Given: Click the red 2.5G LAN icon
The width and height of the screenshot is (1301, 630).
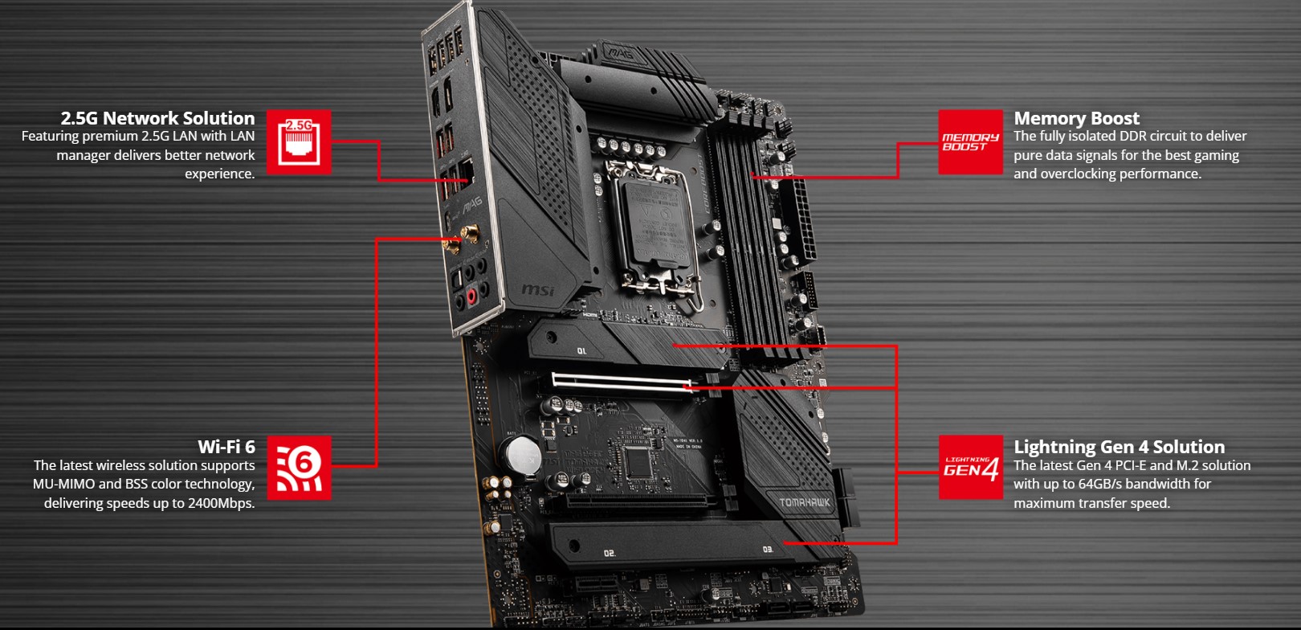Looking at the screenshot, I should (x=299, y=142).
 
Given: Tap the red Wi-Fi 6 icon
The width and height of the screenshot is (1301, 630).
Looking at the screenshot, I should (x=299, y=468).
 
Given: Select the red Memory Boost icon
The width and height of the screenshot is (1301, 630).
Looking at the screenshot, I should (x=971, y=142).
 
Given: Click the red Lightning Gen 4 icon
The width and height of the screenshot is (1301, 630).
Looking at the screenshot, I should (x=971, y=468).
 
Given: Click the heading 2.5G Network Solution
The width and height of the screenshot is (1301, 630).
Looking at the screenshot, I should (x=157, y=118).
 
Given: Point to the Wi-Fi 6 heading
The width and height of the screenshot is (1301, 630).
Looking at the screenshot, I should (x=226, y=447).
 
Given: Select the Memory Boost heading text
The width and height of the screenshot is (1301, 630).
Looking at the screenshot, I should (x=1076, y=118).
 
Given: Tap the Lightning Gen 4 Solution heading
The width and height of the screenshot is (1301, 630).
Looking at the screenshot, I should (x=1119, y=447).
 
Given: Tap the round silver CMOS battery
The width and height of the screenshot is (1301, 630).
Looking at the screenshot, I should (x=524, y=454).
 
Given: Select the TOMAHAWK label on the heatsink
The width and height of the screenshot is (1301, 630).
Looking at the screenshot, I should (x=804, y=503).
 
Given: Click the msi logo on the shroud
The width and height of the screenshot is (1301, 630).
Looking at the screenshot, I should (x=537, y=288).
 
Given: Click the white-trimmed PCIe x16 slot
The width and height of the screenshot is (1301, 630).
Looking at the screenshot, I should (x=622, y=382).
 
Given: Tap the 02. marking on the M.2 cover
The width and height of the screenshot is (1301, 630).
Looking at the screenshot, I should (x=610, y=553).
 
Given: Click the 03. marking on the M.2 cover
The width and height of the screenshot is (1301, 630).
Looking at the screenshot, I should (x=767, y=549).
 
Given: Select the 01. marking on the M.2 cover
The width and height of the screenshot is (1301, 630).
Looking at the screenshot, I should (x=581, y=351).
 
